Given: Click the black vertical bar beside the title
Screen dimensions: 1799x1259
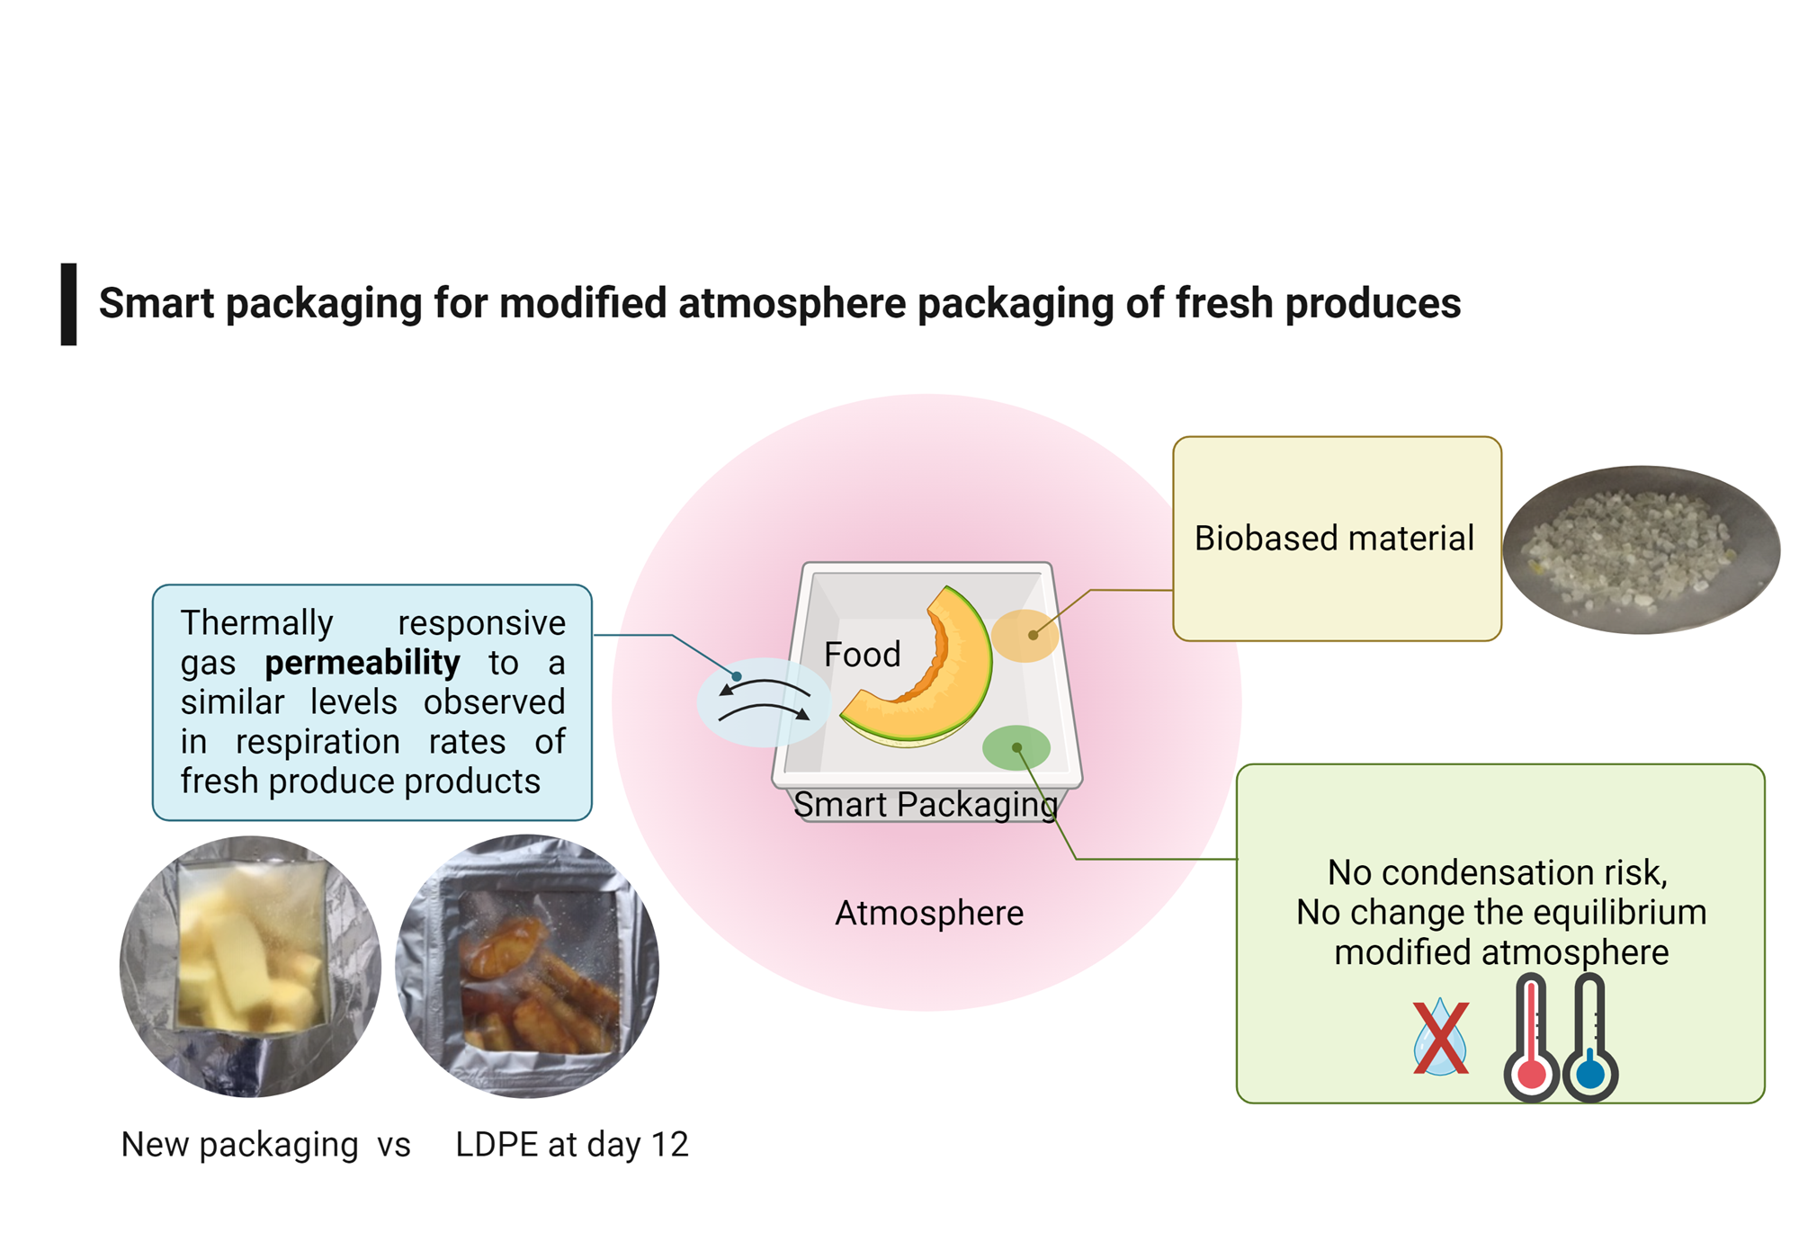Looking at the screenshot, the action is [68, 304].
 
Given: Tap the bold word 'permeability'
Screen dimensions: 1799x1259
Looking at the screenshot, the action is [362, 664].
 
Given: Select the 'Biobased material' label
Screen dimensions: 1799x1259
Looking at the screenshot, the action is [1334, 538].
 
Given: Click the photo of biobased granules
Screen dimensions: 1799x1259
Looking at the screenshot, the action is [1642, 549].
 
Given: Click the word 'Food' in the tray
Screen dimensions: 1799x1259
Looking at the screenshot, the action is [862, 654].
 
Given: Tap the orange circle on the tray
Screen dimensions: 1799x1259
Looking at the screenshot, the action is [1025, 636].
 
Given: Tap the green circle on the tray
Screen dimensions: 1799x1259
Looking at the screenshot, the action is [1016, 747].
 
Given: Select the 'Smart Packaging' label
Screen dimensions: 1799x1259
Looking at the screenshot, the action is [926, 805].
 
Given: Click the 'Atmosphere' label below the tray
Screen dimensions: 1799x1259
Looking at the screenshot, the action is [929, 913].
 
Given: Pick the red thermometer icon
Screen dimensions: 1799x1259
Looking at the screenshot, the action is [1531, 1039].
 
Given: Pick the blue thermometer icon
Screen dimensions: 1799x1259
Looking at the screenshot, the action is [1589, 1039].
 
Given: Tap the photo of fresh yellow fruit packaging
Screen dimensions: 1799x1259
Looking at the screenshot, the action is [250, 967].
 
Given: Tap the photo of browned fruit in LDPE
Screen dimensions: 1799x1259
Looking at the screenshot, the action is [527, 967].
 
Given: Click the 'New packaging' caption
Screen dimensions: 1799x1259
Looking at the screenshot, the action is [239, 1145].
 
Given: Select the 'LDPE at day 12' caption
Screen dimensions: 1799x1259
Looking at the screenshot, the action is [572, 1145].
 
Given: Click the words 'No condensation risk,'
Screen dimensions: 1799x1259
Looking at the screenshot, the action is [1498, 872].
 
